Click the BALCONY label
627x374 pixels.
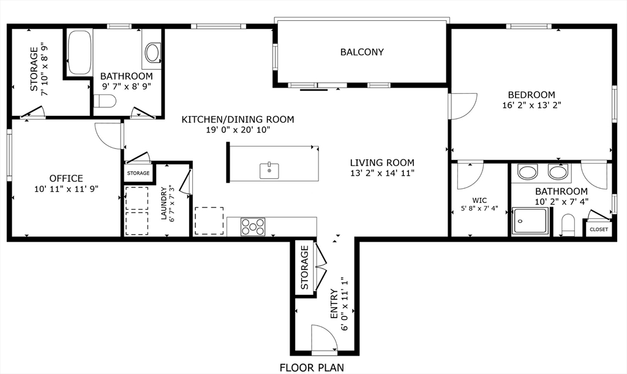362,52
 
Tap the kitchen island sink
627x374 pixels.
269,170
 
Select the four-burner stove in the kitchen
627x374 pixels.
252,227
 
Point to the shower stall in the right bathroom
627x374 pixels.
530,221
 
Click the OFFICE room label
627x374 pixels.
66,178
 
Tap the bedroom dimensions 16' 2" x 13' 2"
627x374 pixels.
531,105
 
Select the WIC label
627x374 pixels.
479,200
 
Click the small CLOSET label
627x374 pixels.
598,229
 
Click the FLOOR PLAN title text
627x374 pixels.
312,368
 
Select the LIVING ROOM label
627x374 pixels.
382,162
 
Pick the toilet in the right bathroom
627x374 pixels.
567,226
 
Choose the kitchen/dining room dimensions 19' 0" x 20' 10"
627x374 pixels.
238,130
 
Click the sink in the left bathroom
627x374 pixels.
152,53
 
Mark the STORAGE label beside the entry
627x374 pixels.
304,268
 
